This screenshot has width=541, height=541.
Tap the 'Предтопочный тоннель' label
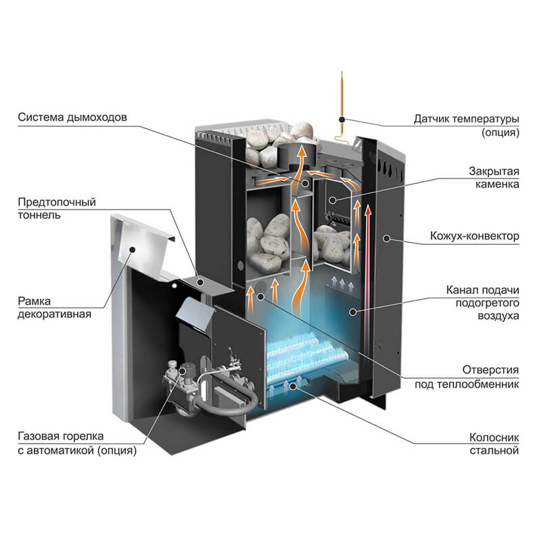tap(57, 209)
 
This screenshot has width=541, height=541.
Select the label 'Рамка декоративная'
tap(55, 307)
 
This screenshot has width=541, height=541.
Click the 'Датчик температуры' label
tap(467, 119)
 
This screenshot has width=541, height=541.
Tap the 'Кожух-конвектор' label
tap(474, 237)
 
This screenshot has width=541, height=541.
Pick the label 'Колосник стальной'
tap(493, 443)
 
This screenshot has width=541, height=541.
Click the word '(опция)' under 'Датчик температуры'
tap(500, 133)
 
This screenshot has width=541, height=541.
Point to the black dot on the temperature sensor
tap(342, 119)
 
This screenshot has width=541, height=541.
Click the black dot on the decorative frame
tap(134, 250)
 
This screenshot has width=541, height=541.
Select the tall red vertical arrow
tap(368, 270)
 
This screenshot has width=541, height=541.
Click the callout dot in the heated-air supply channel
tap(352, 310)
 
